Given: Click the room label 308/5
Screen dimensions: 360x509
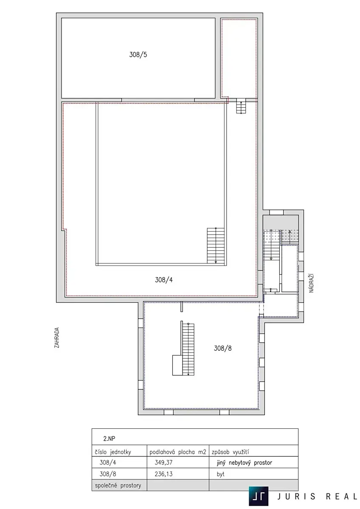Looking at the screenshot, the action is coord(138,55).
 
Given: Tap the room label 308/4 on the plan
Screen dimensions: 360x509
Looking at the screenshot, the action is coord(164,280).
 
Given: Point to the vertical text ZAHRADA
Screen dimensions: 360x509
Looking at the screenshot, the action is coord(56,338).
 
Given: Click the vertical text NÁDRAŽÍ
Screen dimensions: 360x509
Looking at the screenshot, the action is coord(311,283).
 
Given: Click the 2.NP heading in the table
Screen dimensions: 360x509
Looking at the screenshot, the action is coord(110,439).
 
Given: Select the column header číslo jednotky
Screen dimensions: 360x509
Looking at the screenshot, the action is coord(113,452).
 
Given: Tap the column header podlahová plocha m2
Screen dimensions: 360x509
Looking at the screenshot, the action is coord(177,452).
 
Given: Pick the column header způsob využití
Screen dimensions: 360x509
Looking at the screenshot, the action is coord(230,452).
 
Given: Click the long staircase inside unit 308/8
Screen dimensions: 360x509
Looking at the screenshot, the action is coord(188,349).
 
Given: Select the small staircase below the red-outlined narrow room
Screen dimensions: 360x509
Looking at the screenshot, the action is coord(241,106).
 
